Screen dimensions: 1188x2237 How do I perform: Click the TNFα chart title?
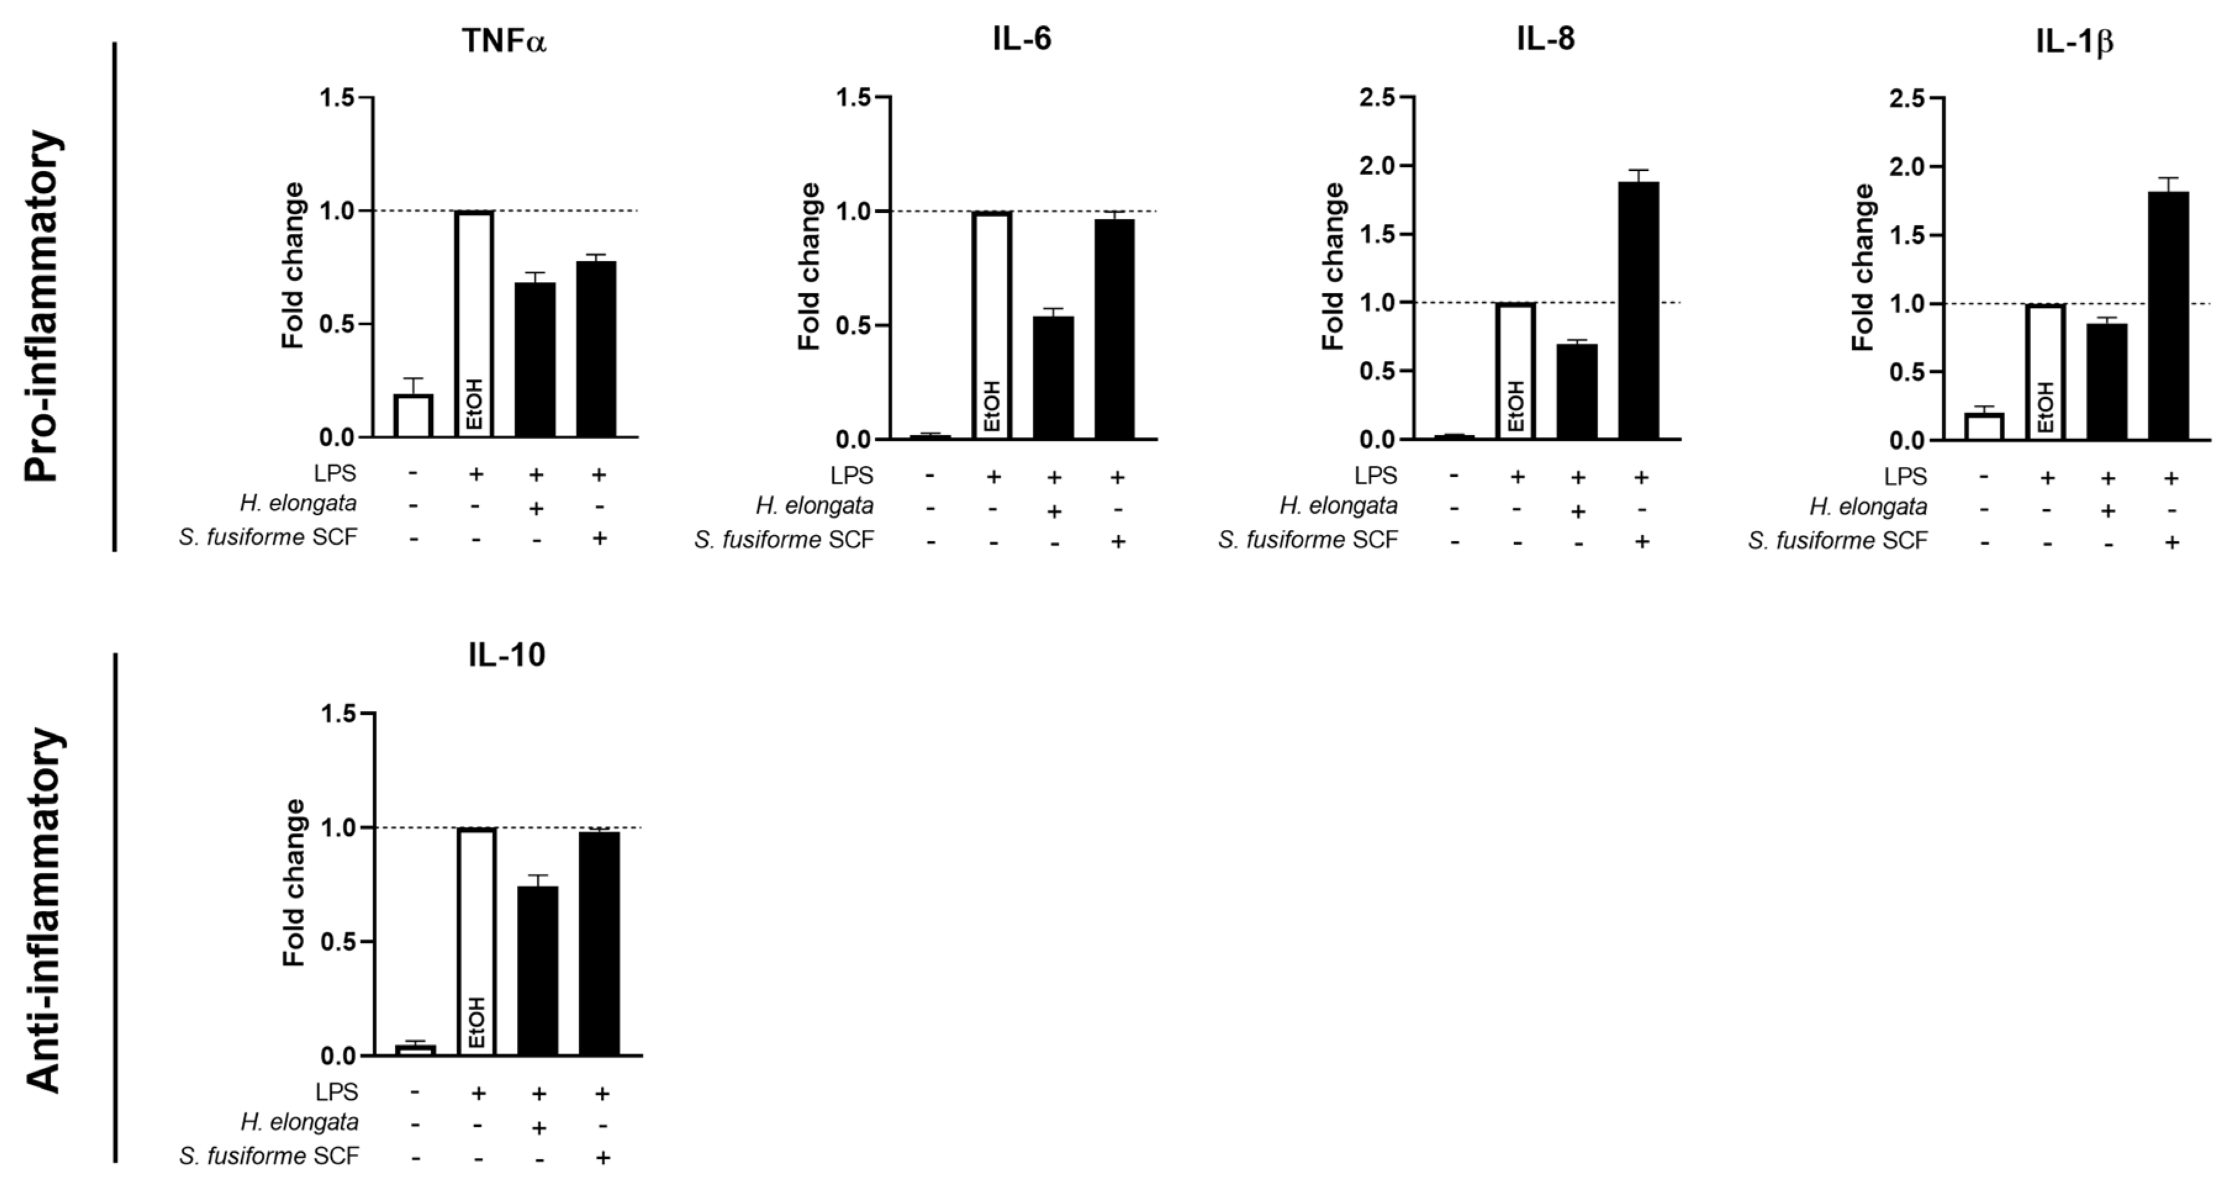(505, 41)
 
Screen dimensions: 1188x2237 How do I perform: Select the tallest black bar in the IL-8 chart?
(1639, 310)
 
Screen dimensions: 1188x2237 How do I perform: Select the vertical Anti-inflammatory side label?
(43, 909)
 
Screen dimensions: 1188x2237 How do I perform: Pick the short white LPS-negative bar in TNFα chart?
(413, 416)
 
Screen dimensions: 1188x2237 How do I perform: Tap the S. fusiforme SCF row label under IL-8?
(1308, 540)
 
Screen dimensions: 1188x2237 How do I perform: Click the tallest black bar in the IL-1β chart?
(2169, 315)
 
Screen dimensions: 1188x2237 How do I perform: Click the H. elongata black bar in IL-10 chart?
(538, 970)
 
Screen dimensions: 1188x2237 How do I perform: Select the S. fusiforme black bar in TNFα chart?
(596, 349)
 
